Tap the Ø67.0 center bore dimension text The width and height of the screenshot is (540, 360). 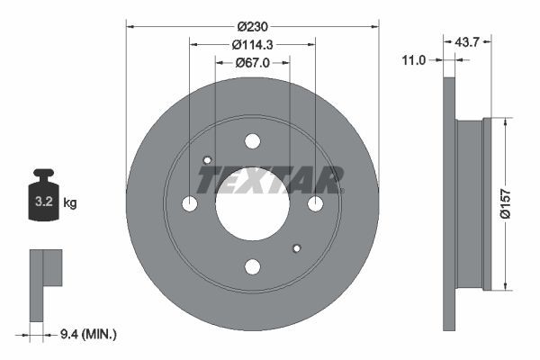[253, 63]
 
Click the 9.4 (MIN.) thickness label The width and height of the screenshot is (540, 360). [86, 334]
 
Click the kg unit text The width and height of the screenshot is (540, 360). [70, 203]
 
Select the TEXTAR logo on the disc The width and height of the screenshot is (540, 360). [270, 180]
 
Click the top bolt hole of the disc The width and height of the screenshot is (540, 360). [252, 141]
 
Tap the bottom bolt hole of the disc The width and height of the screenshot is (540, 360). [252, 266]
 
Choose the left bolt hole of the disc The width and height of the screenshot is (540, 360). [190, 204]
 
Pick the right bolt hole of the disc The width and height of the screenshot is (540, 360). [315, 204]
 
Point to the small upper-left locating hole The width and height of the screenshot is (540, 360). [207, 161]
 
